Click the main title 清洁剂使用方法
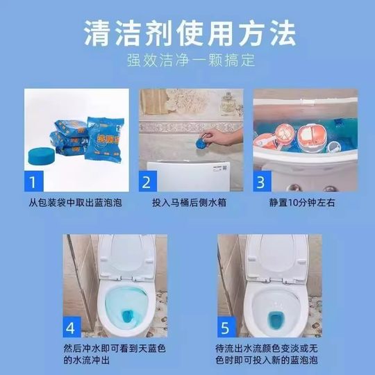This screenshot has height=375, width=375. tap(187, 31)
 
